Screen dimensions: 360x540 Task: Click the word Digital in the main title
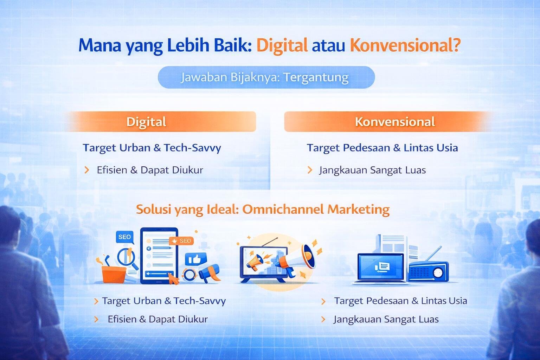[282, 46]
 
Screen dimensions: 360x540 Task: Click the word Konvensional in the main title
[405, 46]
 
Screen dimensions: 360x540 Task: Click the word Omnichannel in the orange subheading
[283, 209]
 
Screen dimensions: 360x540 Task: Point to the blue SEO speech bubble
[124, 237]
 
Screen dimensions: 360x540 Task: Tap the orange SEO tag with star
[181, 241]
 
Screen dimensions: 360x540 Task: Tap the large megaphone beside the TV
[297, 259]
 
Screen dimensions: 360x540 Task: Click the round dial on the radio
[438, 272]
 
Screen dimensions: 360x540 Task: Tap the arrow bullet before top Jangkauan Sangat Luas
[310, 170]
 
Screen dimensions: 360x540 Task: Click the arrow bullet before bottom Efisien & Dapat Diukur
[96, 319]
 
